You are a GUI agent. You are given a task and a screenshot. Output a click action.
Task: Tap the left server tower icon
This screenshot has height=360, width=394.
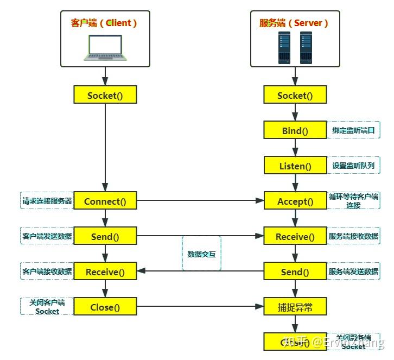[284, 47]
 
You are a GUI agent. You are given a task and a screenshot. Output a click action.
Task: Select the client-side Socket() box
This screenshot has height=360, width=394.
[105, 95]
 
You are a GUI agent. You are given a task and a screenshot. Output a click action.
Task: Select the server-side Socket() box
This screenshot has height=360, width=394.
[295, 95]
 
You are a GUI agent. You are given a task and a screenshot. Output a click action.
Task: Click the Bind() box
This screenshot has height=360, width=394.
[295, 130]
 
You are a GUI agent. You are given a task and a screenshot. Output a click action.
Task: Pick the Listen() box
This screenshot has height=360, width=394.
[295, 166]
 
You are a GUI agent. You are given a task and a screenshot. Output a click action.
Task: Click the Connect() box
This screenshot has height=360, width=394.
[105, 201]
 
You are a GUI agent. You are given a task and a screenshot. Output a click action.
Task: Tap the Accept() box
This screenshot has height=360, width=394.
[295, 201]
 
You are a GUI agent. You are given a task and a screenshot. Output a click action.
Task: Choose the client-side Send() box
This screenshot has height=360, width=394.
[105, 236]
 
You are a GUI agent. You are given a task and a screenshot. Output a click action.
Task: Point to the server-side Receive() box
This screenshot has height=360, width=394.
[295, 236]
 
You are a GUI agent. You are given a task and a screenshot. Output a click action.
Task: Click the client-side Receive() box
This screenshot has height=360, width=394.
[105, 271]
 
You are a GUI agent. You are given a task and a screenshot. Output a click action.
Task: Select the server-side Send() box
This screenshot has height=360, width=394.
[295, 271]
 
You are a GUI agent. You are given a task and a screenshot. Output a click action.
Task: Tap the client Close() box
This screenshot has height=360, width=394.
[105, 307]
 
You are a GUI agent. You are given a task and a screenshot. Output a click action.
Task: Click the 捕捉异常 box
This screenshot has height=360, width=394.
[295, 307]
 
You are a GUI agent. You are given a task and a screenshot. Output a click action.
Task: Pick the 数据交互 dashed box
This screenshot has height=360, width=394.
[201, 254]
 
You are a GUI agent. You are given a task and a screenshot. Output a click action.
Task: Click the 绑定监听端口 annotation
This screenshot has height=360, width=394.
[353, 130]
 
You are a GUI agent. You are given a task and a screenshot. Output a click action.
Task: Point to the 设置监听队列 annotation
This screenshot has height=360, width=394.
[353, 166]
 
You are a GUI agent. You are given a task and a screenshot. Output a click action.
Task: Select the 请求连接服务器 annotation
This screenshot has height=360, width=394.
[47, 201]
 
